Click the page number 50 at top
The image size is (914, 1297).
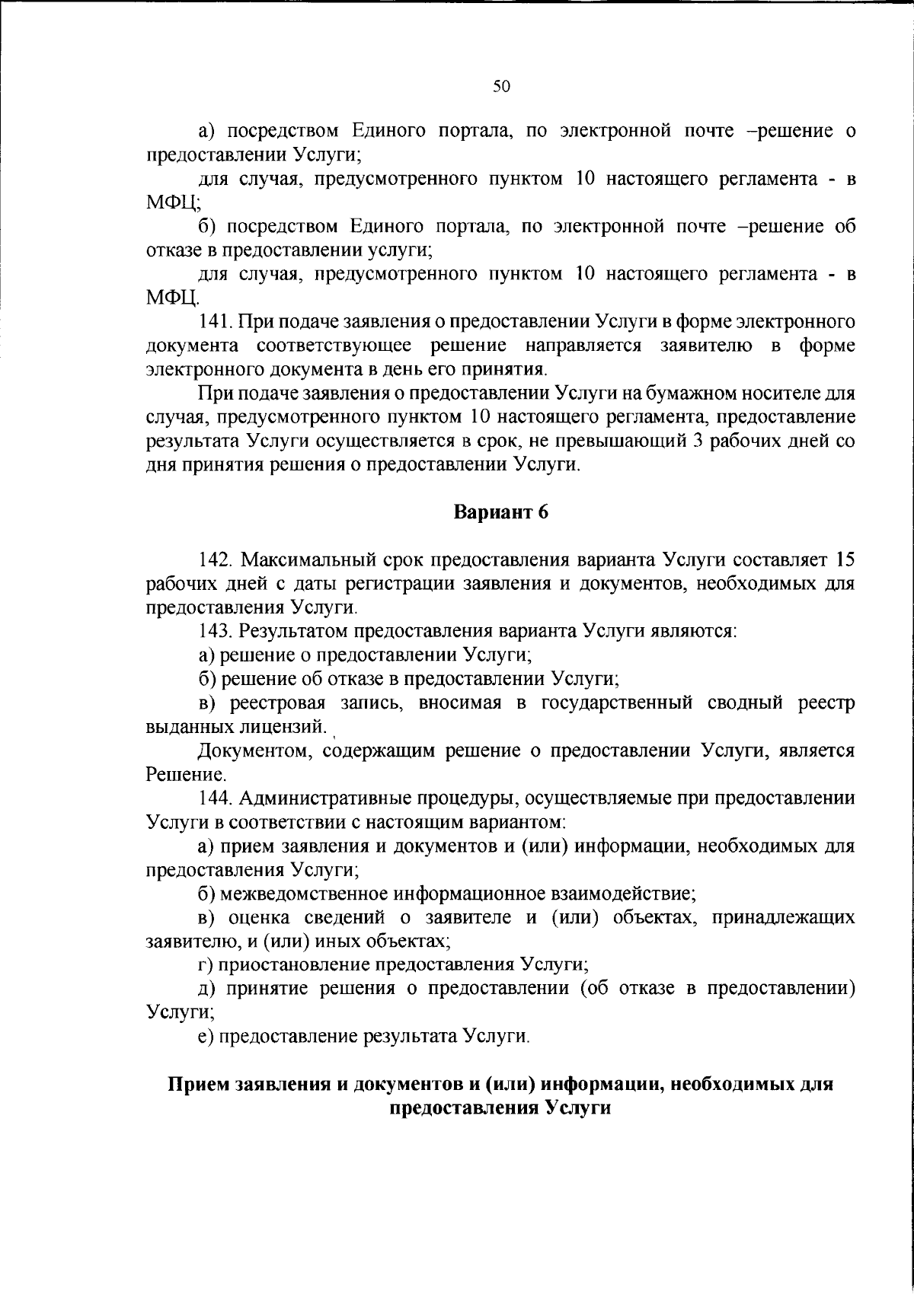(501, 86)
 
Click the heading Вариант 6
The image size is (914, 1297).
(501, 512)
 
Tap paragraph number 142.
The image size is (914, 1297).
(215, 560)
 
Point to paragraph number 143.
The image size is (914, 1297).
(215, 631)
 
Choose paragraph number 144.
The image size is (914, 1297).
(215, 798)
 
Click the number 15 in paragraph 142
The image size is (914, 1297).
(844, 560)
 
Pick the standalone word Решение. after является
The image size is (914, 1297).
(176, 775)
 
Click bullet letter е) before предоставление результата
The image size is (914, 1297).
(206, 1036)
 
